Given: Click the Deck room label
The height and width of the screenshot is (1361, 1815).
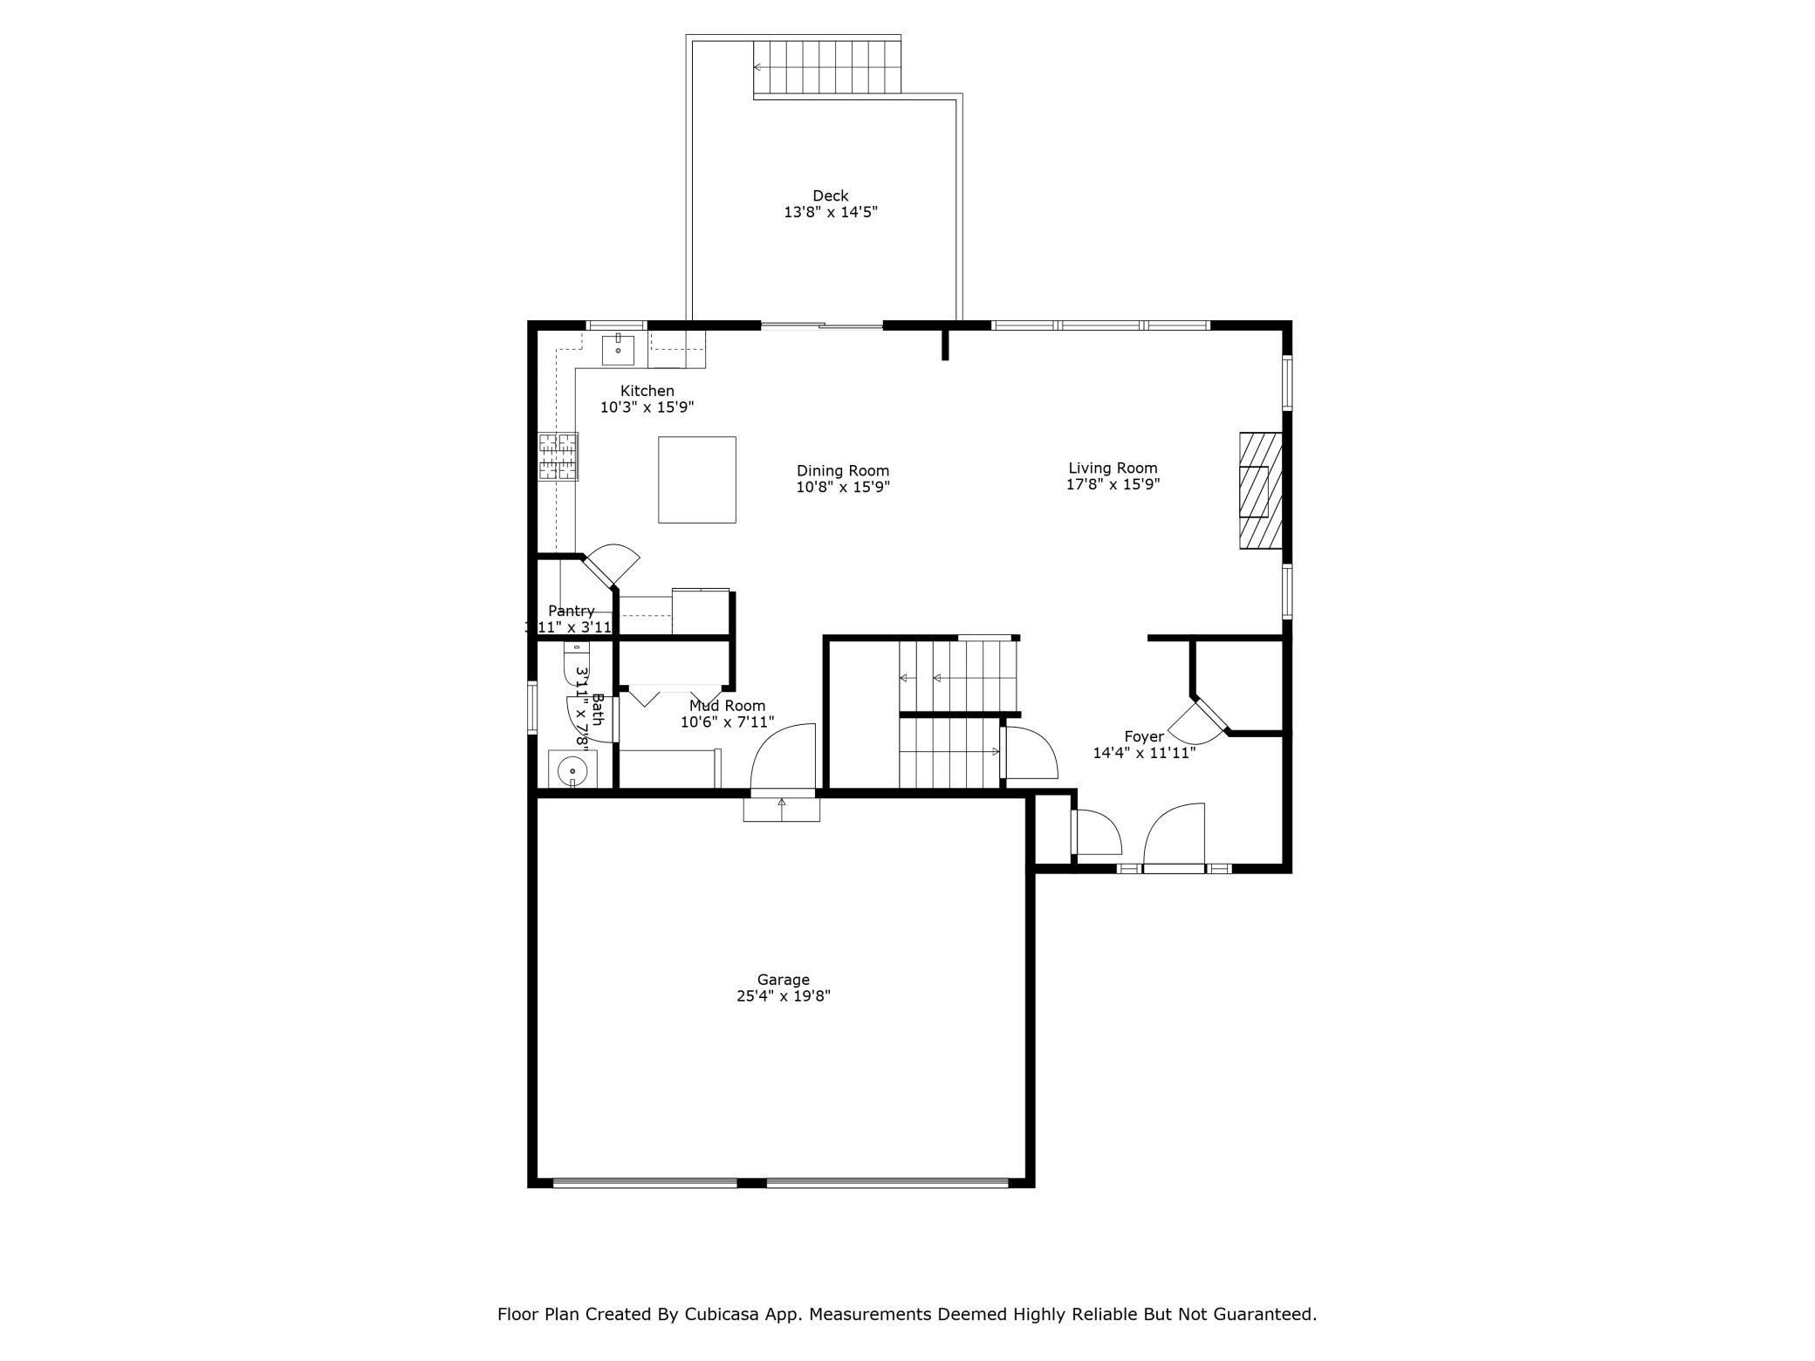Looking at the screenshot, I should point(830,196).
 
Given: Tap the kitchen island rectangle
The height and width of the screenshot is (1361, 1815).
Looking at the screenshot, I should point(696,480).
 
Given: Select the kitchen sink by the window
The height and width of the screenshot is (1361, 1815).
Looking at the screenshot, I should point(618,350).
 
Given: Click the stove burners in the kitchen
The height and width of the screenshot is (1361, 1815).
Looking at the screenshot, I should point(558,456).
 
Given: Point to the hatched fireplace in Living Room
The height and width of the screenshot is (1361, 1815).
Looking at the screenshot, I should point(1261,490).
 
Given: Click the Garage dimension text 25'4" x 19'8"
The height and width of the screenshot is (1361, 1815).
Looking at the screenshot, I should point(783,995).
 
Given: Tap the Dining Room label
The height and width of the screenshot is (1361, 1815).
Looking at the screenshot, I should point(842,471).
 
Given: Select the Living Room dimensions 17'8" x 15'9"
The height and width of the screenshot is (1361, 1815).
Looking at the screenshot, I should point(1113,484).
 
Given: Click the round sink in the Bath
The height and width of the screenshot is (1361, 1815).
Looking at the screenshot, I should point(572,770).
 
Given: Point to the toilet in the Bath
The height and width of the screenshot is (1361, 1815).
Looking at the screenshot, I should point(577,664).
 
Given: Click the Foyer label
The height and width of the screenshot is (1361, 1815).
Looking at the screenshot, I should point(1143,736).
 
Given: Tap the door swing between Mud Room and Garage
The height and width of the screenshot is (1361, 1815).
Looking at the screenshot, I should point(783,757).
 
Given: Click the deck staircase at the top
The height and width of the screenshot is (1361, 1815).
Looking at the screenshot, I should point(826,67).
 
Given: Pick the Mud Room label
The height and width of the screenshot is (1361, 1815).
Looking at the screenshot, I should point(727,706).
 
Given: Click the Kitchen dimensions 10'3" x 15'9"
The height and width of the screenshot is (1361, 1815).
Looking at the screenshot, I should point(647,407).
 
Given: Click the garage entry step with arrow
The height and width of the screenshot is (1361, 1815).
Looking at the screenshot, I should point(781,809).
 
